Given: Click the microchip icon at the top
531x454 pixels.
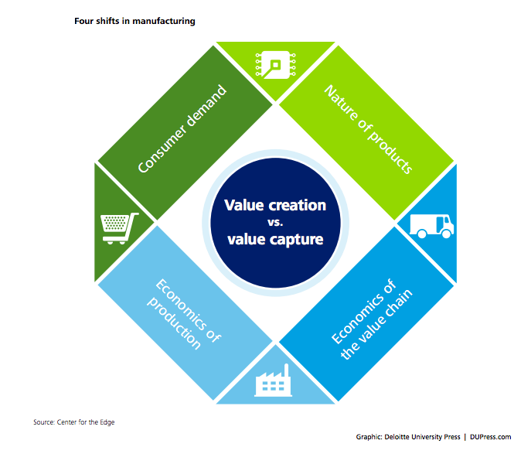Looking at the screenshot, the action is (x=275, y=65).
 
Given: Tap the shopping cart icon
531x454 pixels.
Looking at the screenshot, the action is (x=120, y=228).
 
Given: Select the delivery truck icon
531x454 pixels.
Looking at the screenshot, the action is (x=432, y=226).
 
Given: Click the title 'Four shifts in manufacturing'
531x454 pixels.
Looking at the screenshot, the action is (x=134, y=21).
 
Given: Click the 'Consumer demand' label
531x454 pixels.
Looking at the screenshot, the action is (x=182, y=128).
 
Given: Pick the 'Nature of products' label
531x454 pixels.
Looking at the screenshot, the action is (x=369, y=129).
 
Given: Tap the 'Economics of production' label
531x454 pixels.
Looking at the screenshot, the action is (x=184, y=314).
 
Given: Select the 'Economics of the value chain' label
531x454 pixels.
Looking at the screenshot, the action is (x=372, y=319).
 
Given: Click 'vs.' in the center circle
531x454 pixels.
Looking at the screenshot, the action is (x=275, y=222).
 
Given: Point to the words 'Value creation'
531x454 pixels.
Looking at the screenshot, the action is (x=275, y=205).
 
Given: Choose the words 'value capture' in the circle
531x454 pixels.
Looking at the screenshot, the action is (x=275, y=240).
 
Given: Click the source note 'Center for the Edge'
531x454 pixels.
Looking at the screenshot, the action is (x=86, y=422).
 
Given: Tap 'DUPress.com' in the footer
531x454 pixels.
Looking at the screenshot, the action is (x=490, y=437).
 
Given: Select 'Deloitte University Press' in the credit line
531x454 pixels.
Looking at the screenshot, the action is (x=422, y=437).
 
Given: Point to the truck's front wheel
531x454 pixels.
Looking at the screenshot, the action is (x=447, y=233).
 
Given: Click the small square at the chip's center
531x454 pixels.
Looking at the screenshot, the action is (x=276, y=64).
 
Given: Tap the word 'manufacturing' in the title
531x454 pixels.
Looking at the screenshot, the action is (x=164, y=21).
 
